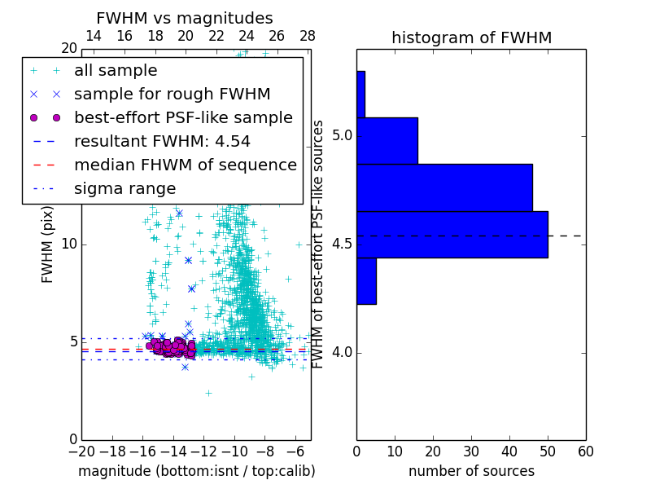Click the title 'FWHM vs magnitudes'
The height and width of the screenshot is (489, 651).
[x=185, y=18]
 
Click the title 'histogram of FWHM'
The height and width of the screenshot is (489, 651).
[x=471, y=37]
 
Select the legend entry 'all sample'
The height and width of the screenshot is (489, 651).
[x=116, y=71]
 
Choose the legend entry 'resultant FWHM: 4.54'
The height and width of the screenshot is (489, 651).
[x=162, y=141]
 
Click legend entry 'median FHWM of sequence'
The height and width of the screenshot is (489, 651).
[x=185, y=165]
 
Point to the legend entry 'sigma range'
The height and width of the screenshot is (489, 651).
[x=125, y=188]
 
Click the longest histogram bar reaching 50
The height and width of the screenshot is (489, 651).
[x=452, y=234]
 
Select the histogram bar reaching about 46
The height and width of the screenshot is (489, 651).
[x=444, y=187]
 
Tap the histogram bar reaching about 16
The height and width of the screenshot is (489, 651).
[x=387, y=141]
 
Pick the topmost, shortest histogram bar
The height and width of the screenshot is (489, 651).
[x=360, y=95]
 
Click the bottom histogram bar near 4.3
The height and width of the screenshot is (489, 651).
[x=366, y=280]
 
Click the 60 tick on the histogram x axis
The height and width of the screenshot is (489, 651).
[x=585, y=451]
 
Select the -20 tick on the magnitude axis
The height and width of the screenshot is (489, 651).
[x=81, y=451]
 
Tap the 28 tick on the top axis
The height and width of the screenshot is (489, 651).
[x=308, y=36]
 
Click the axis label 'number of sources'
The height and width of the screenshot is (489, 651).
[x=471, y=471]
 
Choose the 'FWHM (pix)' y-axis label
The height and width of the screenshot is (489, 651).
[x=48, y=244]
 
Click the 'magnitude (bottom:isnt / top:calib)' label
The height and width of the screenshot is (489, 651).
[x=196, y=471]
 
